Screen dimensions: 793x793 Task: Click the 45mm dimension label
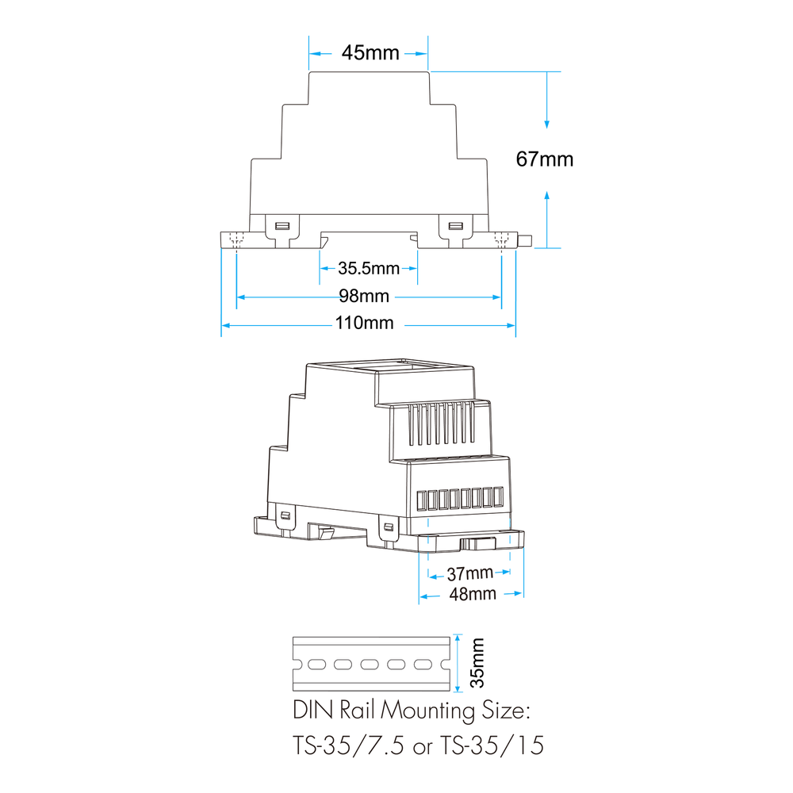(x=370, y=52)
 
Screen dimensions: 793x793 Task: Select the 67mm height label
(x=545, y=159)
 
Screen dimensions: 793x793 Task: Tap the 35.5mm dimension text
(x=369, y=268)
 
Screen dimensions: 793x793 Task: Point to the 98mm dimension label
(x=364, y=296)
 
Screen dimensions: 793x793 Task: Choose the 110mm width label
(x=364, y=323)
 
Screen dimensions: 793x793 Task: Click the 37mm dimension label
(x=469, y=573)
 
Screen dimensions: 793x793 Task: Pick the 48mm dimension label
(x=473, y=594)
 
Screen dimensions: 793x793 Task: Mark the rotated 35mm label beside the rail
(x=477, y=663)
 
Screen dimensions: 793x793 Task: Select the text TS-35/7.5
(x=348, y=745)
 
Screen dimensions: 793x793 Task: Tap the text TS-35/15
(x=492, y=745)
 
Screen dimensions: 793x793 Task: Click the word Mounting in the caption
(x=428, y=711)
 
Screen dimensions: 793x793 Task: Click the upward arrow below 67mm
(x=546, y=220)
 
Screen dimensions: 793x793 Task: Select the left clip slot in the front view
(x=282, y=225)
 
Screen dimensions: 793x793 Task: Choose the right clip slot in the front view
(x=456, y=225)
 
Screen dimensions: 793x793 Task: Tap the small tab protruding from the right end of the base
(x=526, y=240)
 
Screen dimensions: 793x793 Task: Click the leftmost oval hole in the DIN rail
(x=316, y=664)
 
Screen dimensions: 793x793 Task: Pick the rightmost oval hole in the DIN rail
(x=423, y=664)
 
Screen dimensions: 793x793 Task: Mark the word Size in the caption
(x=504, y=710)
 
